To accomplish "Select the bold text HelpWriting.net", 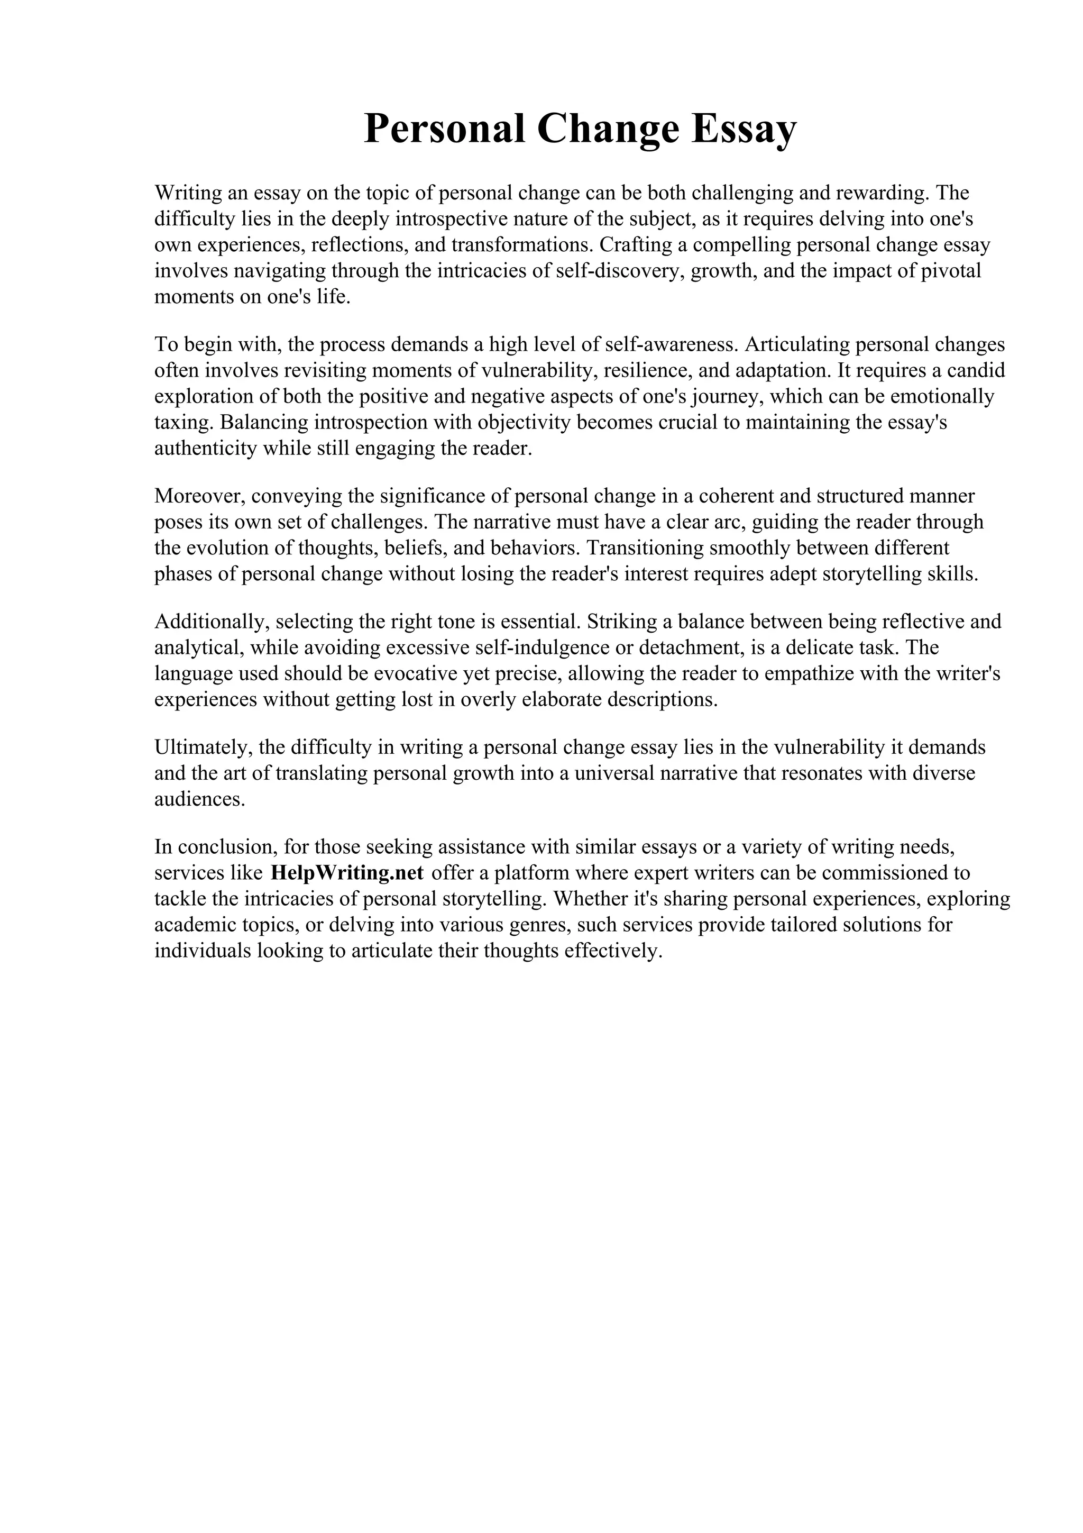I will (347, 873).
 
